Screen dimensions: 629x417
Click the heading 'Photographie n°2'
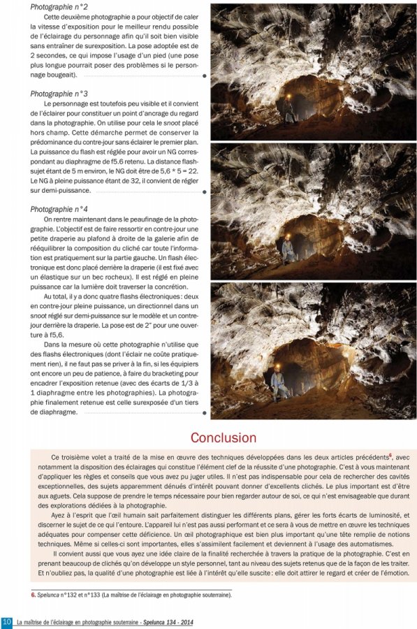coord(59,6)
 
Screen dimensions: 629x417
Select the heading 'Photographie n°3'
coord(59,94)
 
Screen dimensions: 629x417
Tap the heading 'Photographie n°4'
coord(59,209)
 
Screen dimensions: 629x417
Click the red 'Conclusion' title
coord(224,438)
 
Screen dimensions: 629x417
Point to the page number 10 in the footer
coord(6,621)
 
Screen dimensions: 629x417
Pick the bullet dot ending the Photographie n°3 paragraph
coord(204,191)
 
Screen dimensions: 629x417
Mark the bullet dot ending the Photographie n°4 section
coord(204,413)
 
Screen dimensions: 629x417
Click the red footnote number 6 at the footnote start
coord(33,595)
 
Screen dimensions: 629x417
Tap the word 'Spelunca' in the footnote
coord(50,595)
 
